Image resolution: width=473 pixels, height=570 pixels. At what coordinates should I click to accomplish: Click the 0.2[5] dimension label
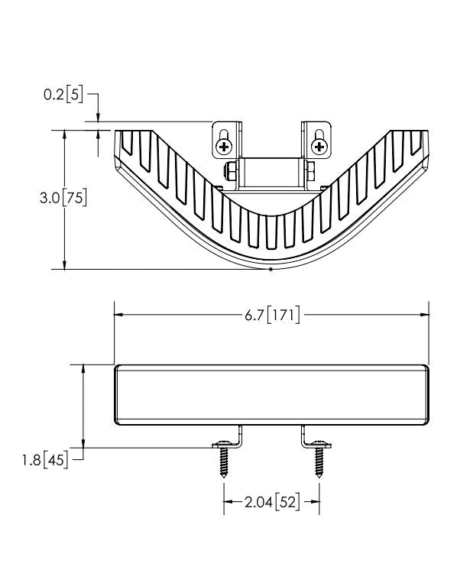point(63,95)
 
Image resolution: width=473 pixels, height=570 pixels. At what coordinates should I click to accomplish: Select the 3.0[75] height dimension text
point(63,198)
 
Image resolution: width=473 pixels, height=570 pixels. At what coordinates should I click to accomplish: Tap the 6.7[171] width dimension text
point(272,315)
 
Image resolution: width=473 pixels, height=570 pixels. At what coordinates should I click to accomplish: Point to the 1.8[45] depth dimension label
point(45,460)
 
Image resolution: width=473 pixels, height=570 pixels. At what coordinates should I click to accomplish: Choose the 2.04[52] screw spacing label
point(272,503)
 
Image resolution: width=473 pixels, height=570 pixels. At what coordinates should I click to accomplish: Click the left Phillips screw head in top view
point(224,147)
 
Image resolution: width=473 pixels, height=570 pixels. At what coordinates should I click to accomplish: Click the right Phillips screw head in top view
point(319,147)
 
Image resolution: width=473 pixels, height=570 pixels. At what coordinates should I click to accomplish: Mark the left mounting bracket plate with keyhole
point(227,140)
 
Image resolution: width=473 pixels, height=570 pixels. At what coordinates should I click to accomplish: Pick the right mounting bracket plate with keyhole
point(316,140)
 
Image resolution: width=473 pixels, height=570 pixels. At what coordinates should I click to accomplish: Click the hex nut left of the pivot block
point(231,171)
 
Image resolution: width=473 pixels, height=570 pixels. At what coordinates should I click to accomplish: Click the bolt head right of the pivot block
point(310,171)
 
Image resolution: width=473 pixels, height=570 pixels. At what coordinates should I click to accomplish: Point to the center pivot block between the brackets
point(272,173)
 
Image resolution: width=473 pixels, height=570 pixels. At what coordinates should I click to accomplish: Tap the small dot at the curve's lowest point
point(271,270)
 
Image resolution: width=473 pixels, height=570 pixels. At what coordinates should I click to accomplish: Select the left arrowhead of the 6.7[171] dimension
point(118,315)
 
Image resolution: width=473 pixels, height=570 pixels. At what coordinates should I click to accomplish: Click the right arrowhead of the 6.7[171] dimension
point(424,315)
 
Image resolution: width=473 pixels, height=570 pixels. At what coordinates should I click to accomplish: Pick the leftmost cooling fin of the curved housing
point(127,142)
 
